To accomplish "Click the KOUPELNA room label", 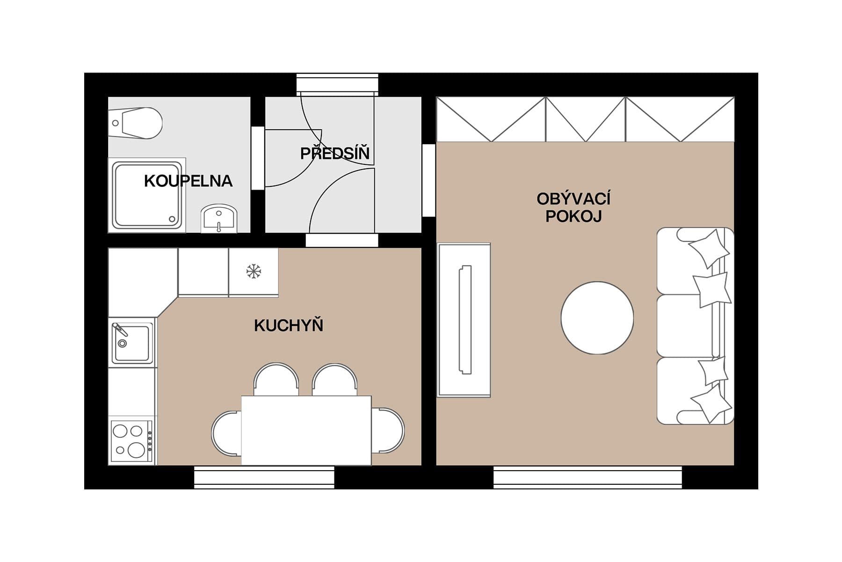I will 188,181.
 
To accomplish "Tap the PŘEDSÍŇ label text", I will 335,153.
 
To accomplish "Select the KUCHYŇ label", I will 289,325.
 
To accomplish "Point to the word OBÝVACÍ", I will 573,199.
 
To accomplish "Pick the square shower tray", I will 147,195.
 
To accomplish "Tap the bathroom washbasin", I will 219,219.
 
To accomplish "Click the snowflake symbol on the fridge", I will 254,271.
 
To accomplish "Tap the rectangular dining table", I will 306,430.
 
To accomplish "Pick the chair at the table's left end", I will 226,433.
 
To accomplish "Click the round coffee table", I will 597,318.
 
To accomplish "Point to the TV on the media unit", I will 465,320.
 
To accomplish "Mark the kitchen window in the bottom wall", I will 264,477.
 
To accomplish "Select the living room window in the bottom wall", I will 588,477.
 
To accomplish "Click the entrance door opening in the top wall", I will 337,84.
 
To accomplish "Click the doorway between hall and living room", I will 429,180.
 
